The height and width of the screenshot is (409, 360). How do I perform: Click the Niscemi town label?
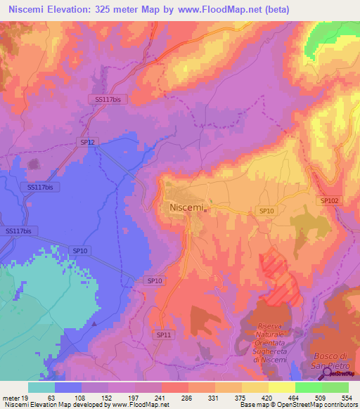(x=186, y=208)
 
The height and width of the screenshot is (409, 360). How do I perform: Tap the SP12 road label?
(x=86, y=142)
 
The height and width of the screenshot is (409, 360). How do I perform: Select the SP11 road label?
(x=164, y=336)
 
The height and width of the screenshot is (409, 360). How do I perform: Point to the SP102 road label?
(x=330, y=200)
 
